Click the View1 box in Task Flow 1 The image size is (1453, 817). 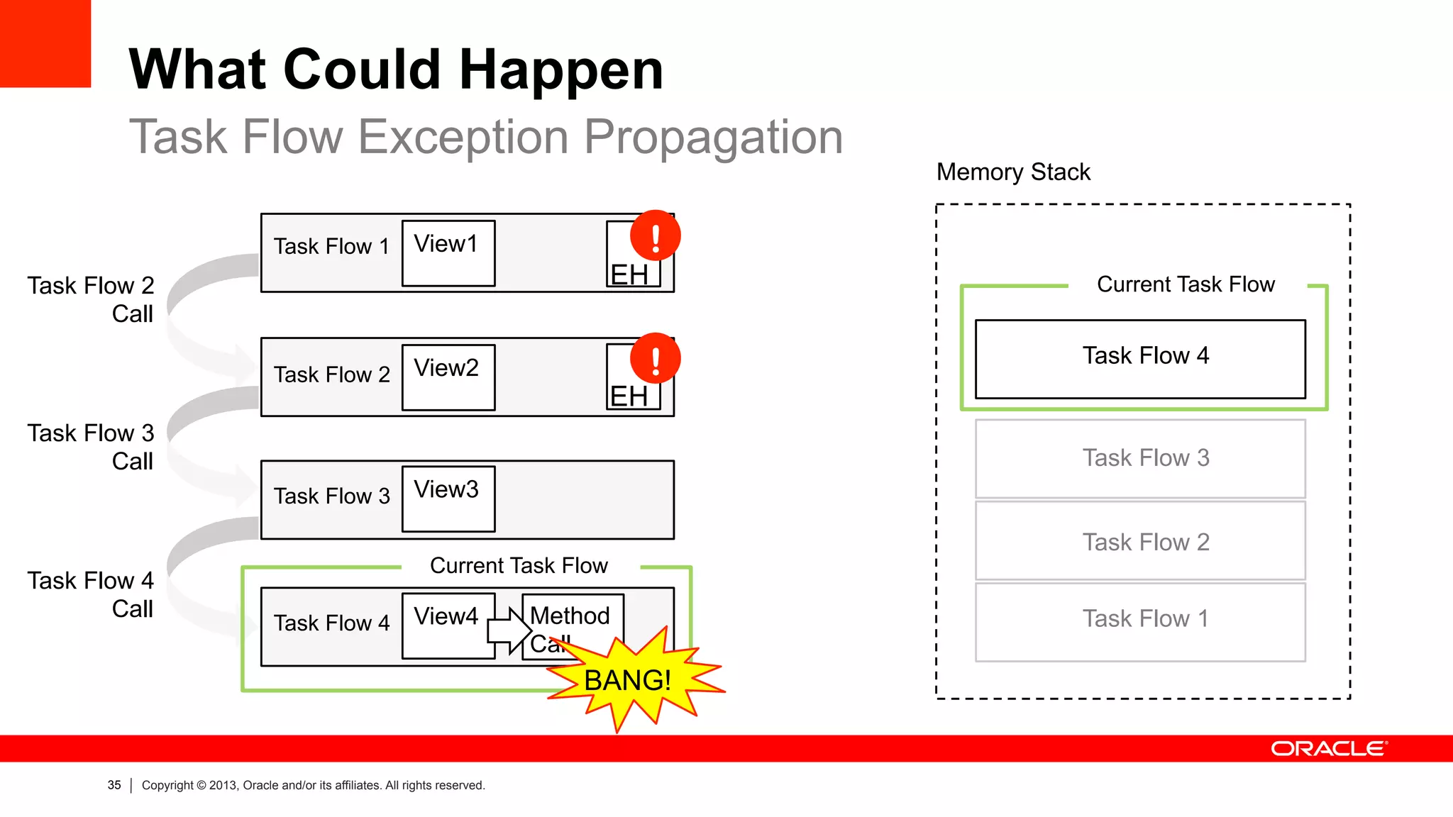[x=448, y=253]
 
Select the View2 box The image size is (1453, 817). [x=448, y=377]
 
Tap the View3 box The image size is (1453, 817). [x=448, y=499]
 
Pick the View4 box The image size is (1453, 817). [x=448, y=626]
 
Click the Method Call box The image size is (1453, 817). [x=573, y=617]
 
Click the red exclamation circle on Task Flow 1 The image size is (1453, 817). [x=655, y=236]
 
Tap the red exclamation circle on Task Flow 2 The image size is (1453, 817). [x=655, y=359]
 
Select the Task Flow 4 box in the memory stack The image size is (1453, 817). [x=1140, y=359]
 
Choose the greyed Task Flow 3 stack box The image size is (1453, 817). [x=1140, y=459]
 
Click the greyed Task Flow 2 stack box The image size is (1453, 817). [x=1140, y=542]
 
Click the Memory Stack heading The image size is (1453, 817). [x=1012, y=172]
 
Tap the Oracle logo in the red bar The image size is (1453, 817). [x=1328, y=749]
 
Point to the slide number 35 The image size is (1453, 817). [x=114, y=785]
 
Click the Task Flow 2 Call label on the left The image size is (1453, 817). [x=92, y=299]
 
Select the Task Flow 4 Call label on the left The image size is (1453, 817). [x=92, y=594]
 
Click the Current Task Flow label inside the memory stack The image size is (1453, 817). [x=1186, y=284]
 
